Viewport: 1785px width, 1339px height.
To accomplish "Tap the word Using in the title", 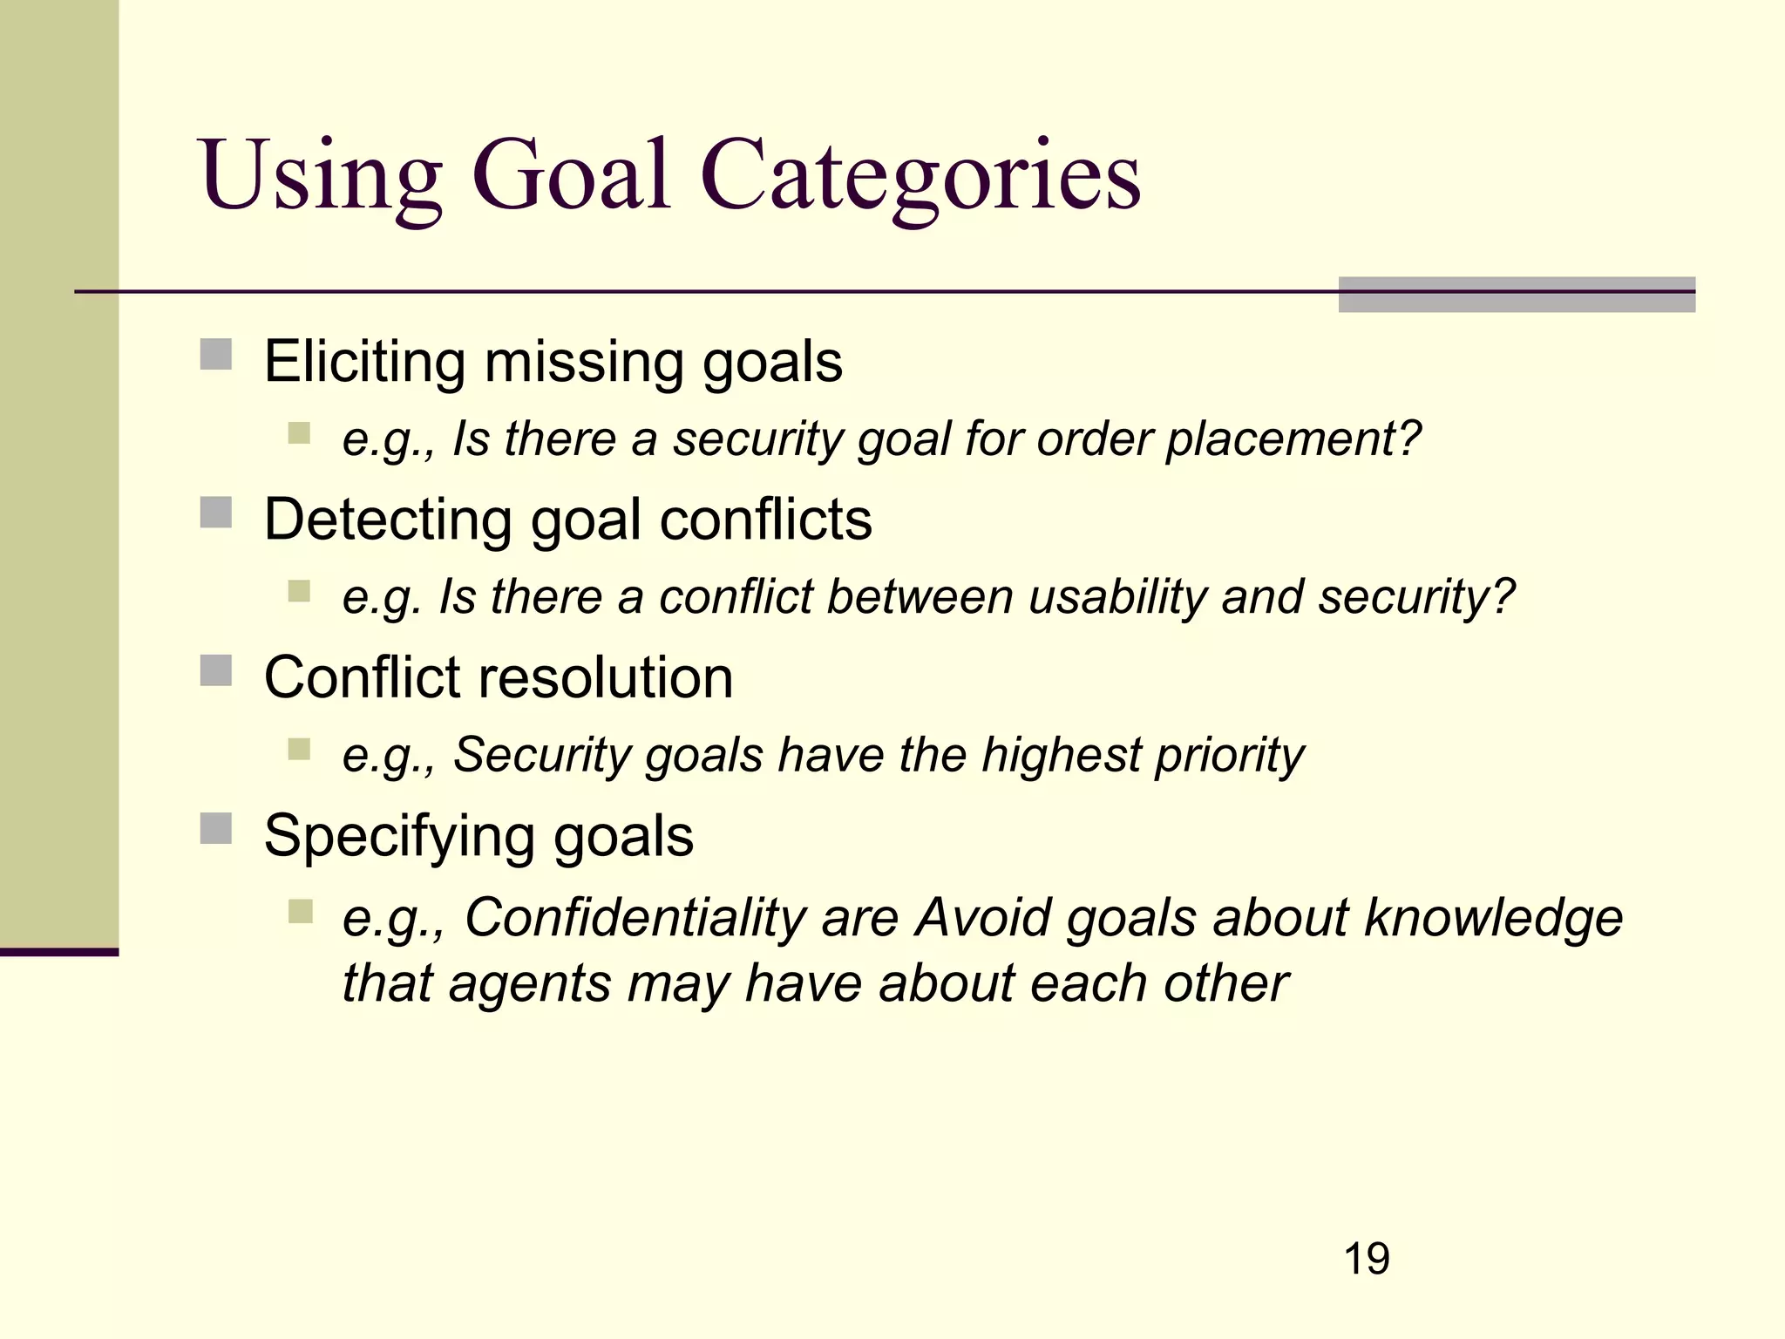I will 321,176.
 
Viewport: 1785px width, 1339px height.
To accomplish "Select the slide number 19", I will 1367,1259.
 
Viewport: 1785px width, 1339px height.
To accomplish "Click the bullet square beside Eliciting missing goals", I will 216,356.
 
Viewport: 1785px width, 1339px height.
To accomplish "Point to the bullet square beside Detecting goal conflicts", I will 216,513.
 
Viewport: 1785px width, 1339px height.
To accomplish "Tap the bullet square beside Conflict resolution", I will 216,671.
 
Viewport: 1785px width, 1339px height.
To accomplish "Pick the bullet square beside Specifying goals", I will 216,829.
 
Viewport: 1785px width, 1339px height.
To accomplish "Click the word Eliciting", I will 365,361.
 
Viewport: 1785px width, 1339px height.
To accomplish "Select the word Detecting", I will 388,520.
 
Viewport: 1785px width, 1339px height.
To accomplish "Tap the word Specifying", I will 399,837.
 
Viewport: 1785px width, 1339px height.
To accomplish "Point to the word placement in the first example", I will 1293,438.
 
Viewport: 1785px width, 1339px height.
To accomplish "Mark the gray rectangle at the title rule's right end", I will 1517,295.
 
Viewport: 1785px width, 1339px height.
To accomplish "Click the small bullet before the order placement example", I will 299,433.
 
